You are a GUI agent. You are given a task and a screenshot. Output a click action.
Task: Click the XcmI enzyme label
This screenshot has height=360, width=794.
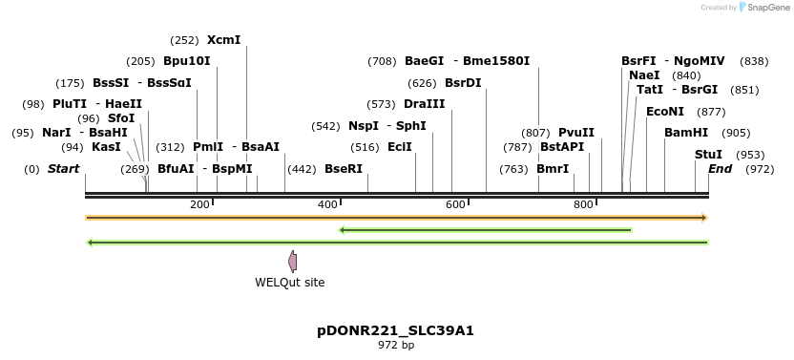(223, 40)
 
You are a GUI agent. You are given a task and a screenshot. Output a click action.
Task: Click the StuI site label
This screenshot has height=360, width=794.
(708, 154)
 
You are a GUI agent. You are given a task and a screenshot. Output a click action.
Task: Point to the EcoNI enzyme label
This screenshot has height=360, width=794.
(665, 112)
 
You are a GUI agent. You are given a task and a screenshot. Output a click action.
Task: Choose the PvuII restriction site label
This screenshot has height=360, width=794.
(576, 133)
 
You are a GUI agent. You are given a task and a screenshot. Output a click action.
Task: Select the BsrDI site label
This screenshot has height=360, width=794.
(463, 82)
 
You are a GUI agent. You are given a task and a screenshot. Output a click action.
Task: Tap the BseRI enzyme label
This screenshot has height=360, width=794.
(344, 169)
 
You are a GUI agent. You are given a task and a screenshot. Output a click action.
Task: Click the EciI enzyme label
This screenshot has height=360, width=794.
(400, 147)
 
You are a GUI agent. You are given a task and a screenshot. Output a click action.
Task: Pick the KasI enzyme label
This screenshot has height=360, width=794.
(106, 147)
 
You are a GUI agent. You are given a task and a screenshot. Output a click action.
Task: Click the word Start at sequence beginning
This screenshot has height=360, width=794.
(64, 169)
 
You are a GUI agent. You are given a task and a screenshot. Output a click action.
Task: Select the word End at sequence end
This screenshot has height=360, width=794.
(720, 169)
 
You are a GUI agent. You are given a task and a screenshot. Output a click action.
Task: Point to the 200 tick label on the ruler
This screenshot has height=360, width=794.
(199, 205)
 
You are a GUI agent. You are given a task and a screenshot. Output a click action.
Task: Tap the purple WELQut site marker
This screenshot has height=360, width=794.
(293, 262)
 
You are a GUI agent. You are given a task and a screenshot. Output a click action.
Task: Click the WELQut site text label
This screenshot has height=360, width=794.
(289, 283)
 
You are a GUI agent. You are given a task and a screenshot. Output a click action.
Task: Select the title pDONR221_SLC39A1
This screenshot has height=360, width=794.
(395, 330)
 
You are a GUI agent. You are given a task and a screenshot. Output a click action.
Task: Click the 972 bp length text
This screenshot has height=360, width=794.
(396, 345)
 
